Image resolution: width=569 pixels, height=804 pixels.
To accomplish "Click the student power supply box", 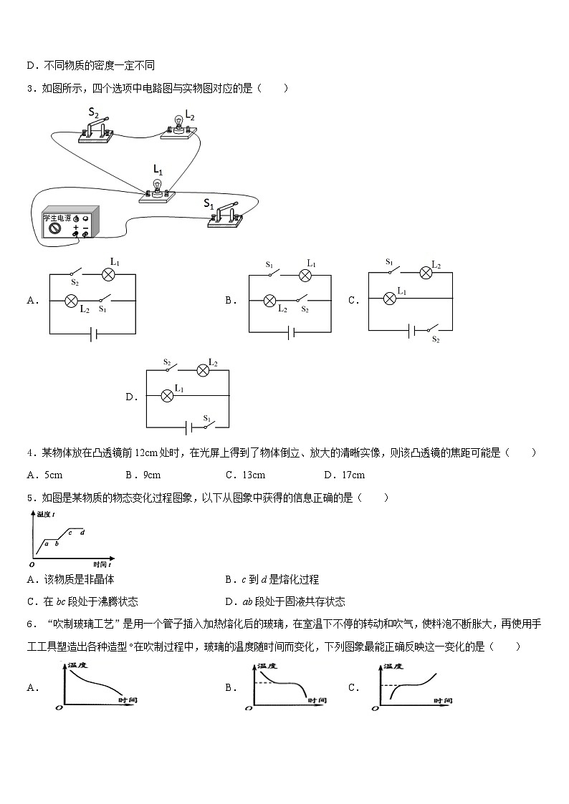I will coord(69,223).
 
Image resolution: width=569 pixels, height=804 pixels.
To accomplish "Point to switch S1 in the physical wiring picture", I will coord(225,215).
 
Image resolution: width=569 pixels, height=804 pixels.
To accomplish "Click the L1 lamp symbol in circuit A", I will coord(109,273).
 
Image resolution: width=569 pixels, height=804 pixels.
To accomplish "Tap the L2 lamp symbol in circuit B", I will coord(270,301).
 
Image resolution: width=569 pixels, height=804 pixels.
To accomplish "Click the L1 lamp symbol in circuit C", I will coord(392,298).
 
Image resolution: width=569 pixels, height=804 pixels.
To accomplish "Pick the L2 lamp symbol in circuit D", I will coord(203,369).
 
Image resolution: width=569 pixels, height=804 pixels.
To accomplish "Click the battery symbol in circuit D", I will coord(187,427).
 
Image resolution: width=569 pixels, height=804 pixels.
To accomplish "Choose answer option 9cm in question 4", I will coord(150,475).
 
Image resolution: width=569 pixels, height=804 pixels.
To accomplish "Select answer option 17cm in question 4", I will coord(353,475).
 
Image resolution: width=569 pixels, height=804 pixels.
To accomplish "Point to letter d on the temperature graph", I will coord(82,532).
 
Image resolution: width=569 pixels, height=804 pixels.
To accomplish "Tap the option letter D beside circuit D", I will coord(130,397).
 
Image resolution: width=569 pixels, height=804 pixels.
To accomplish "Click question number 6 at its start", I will coord(29,624).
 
